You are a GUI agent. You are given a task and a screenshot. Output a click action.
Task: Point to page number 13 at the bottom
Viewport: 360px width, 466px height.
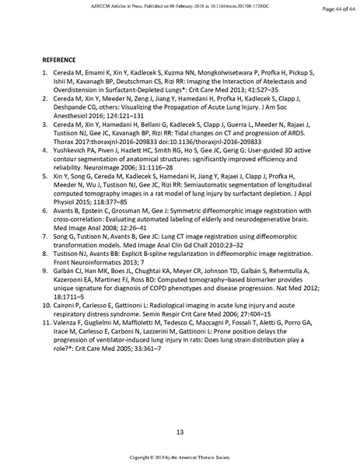pyautogui.click(x=180, y=431)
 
